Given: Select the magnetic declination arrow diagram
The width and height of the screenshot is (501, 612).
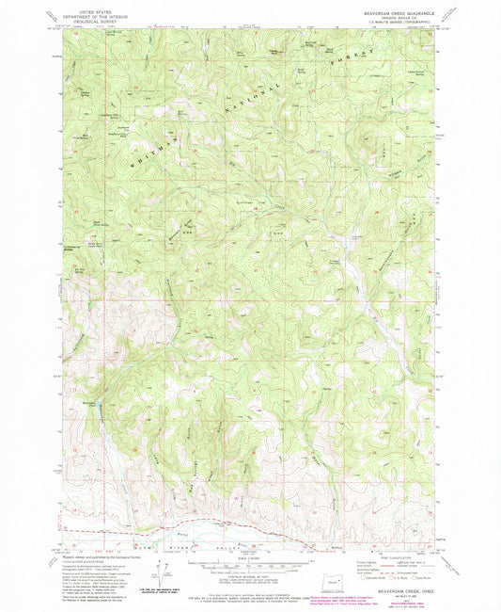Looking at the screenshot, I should pyautogui.click(x=163, y=566).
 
